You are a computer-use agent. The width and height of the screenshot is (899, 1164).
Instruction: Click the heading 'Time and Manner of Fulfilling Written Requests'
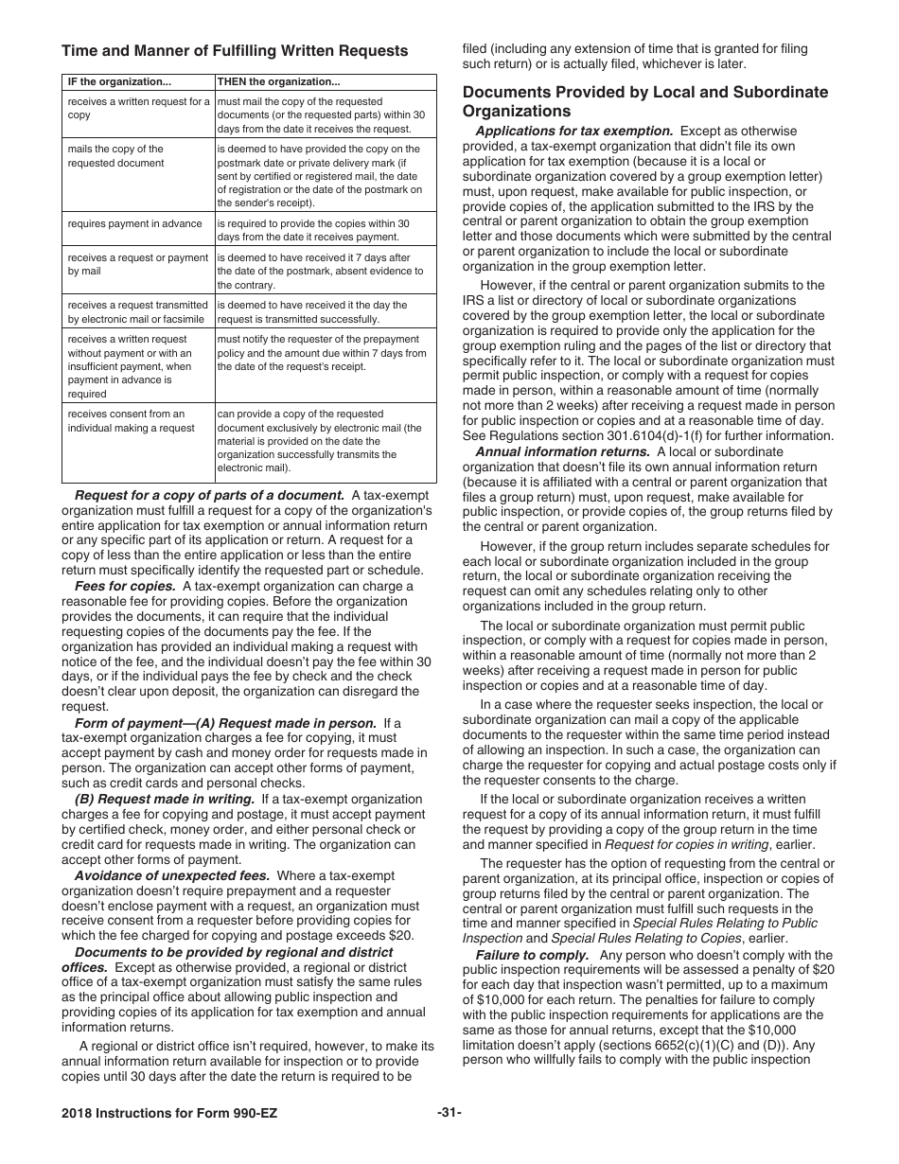[x=235, y=51]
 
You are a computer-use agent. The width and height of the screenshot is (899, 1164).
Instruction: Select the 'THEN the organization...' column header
[x=278, y=81]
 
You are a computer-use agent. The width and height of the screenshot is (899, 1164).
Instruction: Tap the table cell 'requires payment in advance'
[x=134, y=223]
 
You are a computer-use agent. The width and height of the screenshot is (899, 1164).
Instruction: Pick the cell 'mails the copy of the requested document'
[x=115, y=156]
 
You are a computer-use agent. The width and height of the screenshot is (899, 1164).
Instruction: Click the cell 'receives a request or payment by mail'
[x=137, y=264]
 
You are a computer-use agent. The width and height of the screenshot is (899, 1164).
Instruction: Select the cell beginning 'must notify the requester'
[x=322, y=352]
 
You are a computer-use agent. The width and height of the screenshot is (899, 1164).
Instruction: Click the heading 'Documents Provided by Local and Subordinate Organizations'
[x=644, y=101]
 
